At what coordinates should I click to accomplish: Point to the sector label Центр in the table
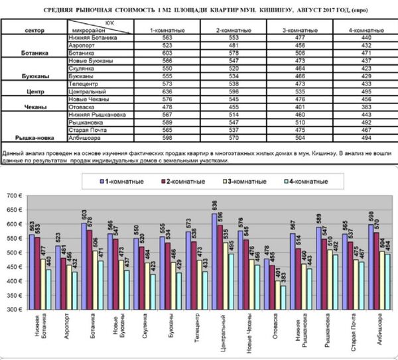click(33, 91)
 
